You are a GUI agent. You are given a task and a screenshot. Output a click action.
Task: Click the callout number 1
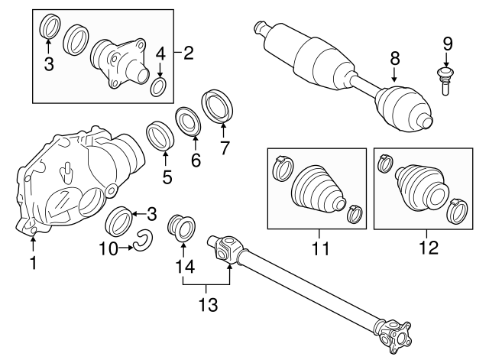click(33, 264)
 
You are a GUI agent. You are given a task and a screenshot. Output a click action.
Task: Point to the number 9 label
click(447, 43)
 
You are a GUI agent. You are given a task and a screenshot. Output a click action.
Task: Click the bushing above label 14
click(181, 228)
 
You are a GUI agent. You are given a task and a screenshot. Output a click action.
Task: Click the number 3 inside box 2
click(49, 64)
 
